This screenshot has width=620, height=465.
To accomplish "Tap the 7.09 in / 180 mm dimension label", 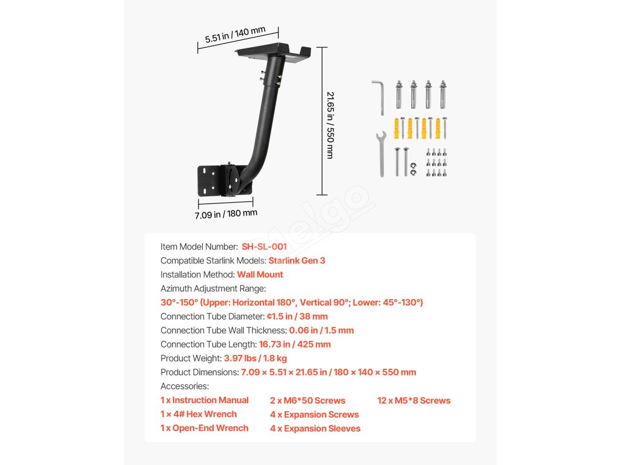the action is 226,213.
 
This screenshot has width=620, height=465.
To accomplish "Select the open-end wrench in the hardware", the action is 381,154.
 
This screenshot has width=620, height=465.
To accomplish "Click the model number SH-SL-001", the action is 264,246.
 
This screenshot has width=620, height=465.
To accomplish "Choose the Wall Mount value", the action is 260,274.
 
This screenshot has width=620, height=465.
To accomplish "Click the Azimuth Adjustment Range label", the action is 213,288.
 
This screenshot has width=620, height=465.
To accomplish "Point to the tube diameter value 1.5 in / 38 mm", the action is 297,316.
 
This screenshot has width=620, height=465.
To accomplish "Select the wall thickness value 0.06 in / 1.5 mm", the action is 321,330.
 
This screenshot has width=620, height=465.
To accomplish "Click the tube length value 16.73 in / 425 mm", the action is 295,344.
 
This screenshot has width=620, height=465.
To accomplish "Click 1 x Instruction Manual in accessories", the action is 205,400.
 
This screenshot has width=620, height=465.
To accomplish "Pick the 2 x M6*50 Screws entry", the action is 308,400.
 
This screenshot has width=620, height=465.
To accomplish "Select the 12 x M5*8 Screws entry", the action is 414,400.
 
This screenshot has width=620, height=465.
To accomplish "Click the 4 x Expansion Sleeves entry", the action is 315,428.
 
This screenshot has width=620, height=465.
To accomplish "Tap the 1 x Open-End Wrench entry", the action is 205,427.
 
